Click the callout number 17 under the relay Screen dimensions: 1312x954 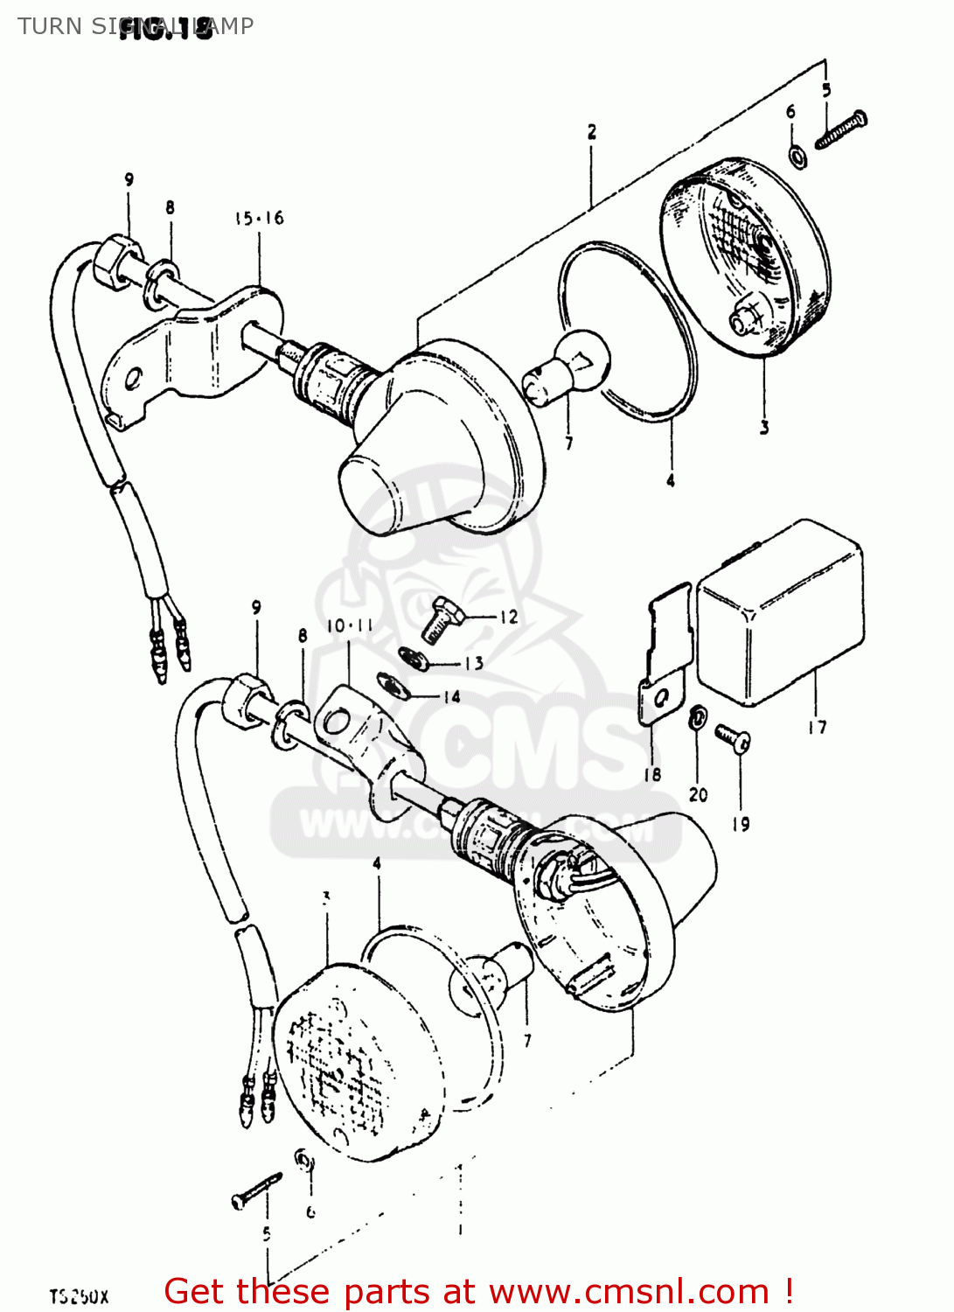[x=817, y=727]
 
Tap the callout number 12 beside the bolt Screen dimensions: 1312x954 [x=508, y=617]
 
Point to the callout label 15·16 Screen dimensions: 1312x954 [x=259, y=218]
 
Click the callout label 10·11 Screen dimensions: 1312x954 [x=350, y=626]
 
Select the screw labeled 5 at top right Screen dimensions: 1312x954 [x=841, y=130]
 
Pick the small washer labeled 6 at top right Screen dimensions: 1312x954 [x=797, y=156]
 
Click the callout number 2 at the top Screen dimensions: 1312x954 [x=592, y=132]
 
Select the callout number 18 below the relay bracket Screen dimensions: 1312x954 [x=652, y=774]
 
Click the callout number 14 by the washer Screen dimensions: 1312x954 [x=451, y=697]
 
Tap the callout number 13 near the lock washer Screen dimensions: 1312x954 [x=473, y=663]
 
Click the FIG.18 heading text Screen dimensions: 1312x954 [x=166, y=29]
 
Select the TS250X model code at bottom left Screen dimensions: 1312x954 [x=79, y=1296]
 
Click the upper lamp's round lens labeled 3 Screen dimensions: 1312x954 [x=743, y=259]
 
